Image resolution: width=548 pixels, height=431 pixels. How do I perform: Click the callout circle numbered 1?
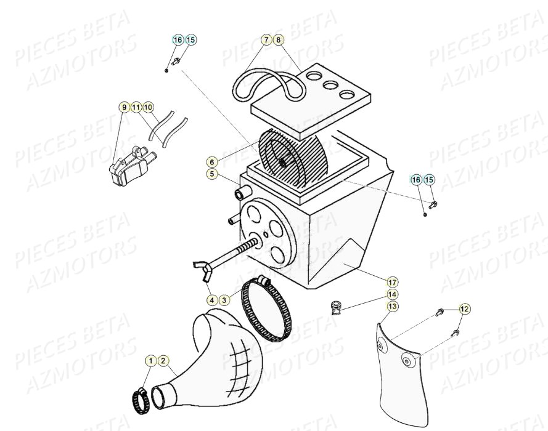click(151, 360)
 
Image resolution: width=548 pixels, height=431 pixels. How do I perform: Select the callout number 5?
click(212, 174)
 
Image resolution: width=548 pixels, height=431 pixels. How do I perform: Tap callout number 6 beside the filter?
click(212, 162)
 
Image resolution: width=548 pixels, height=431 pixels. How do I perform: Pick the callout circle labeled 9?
click(124, 107)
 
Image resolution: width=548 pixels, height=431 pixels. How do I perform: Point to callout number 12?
click(464, 308)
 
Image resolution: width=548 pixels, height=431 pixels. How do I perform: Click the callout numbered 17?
click(393, 282)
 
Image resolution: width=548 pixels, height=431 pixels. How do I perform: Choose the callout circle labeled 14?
click(393, 294)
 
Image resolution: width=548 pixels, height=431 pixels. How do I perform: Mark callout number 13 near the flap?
click(393, 306)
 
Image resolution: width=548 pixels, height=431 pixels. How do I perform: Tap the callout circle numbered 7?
click(266, 40)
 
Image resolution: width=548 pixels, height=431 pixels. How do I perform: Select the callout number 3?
click(224, 300)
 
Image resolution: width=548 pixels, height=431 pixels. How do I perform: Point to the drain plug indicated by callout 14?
click(337, 307)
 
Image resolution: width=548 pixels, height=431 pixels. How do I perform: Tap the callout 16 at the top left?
click(178, 40)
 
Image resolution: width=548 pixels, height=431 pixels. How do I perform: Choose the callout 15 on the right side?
click(429, 180)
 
